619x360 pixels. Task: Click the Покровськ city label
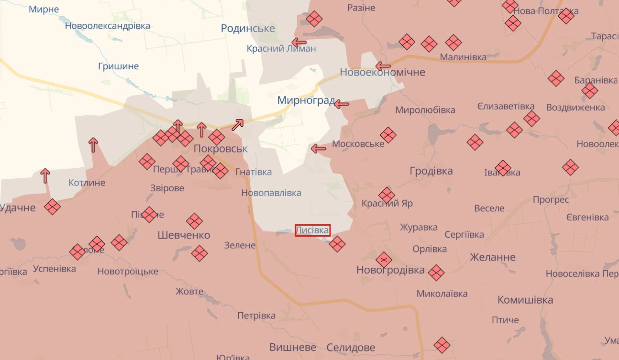[221, 149]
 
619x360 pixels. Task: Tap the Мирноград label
[305, 101]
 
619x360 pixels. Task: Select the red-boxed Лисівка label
[313, 230]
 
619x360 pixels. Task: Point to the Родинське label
[248, 29]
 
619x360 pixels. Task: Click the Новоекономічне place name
[382, 72]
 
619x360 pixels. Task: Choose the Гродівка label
[431, 171]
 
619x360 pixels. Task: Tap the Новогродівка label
[390, 270]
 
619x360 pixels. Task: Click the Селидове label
[351, 348]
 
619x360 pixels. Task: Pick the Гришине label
[118, 66]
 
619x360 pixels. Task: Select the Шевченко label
[184, 235]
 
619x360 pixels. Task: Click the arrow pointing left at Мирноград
[341, 104]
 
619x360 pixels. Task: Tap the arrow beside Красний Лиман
[299, 42]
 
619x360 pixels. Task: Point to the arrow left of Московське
[318, 149]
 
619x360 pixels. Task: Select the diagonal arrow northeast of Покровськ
[238, 124]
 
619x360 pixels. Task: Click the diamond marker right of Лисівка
[337, 244]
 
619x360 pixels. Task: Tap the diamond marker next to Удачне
[52, 207]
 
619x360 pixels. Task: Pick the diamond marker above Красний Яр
[387, 195]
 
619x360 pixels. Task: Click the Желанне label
[493, 257]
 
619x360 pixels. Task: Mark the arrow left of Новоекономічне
[383, 66]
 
